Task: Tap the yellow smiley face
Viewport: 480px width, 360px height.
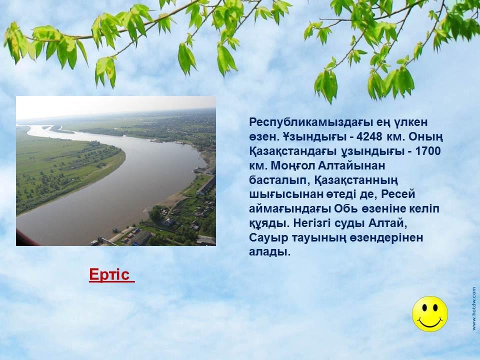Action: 430,314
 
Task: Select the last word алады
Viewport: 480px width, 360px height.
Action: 269,252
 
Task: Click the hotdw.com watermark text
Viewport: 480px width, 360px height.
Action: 474,308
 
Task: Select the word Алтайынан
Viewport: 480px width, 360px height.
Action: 351,165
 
